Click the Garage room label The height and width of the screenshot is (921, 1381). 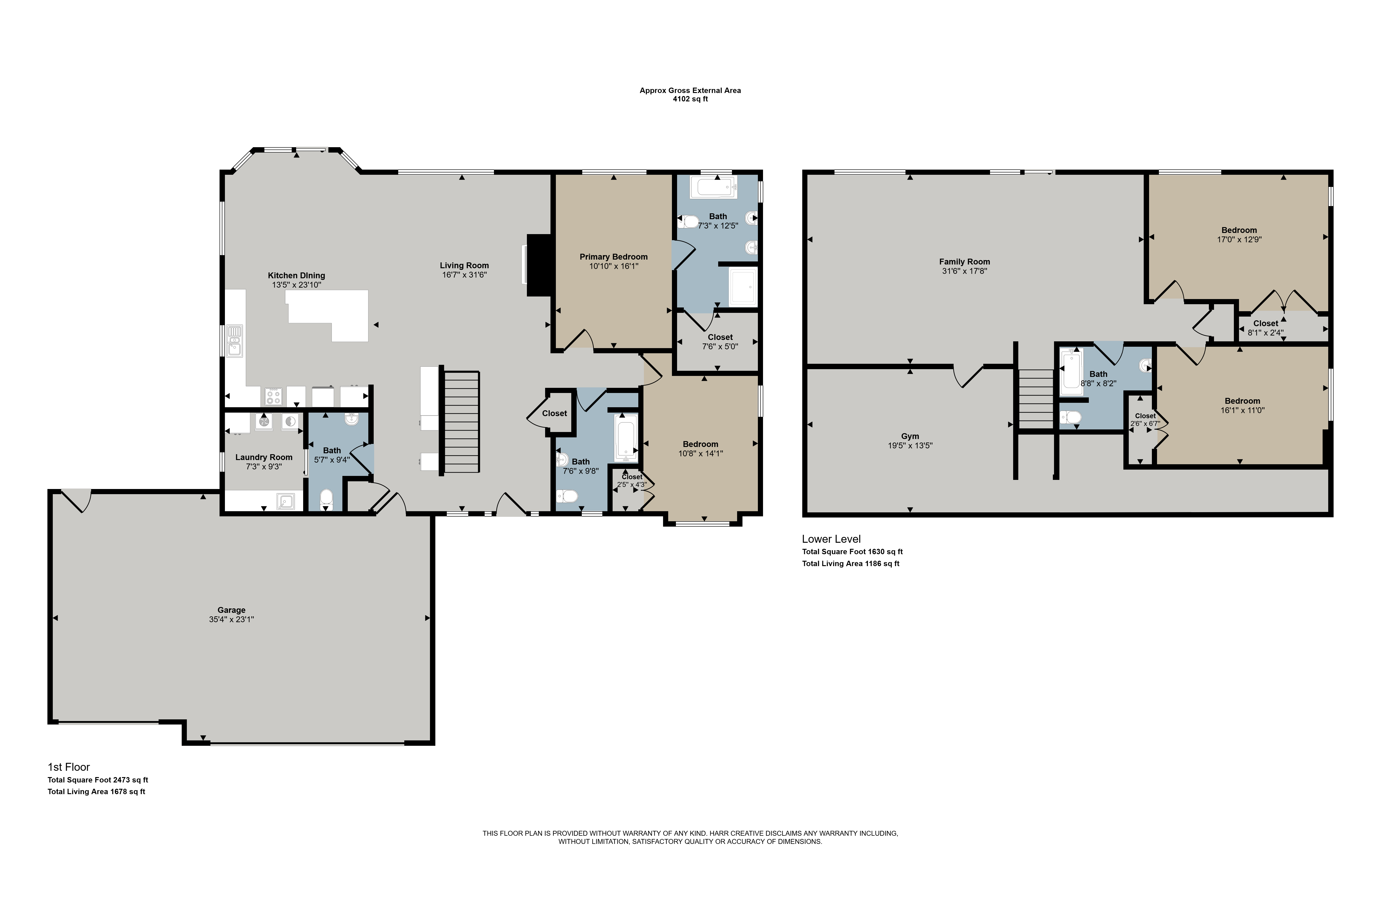[231, 610]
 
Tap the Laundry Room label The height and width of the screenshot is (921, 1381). [264, 457]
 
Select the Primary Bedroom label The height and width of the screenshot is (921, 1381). [614, 257]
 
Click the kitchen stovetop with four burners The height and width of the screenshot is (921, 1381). [273, 396]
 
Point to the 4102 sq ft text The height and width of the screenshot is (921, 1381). [690, 99]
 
